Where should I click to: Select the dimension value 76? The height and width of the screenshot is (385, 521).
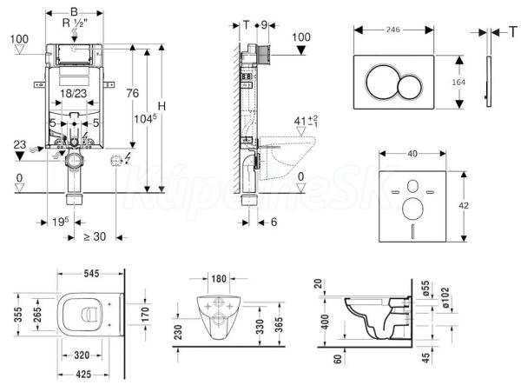135,94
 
